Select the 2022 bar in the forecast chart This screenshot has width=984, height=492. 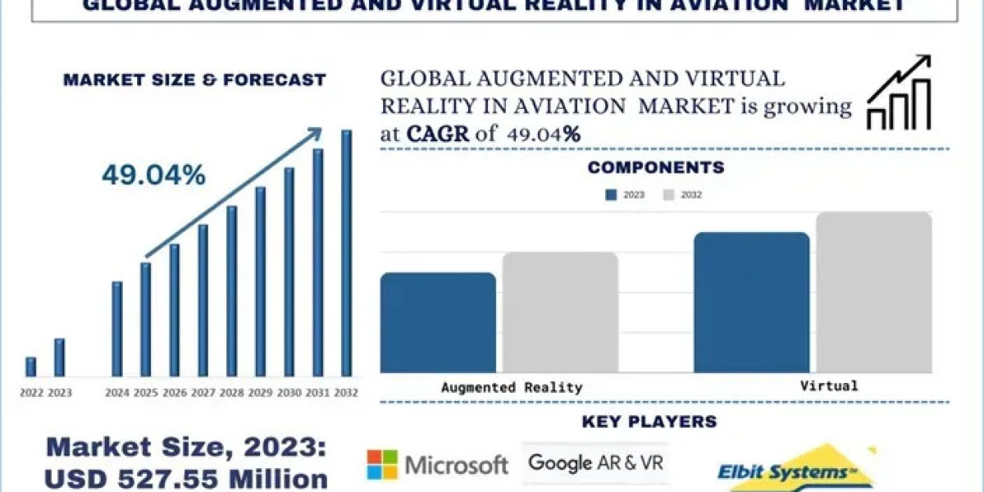[30, 367]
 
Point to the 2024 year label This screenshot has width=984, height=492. [117, 393]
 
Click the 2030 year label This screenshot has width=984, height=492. [289, 393]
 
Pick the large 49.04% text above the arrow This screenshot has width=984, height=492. [153, 175]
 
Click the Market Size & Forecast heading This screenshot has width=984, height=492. [194, 80]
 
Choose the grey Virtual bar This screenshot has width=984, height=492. [874, 292]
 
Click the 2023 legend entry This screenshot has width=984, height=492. [625, 195]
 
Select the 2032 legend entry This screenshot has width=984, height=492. [682, 195]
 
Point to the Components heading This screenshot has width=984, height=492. [656, 168]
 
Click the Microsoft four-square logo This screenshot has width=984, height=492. [381, 465]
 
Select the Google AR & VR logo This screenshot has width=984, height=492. [595, 463]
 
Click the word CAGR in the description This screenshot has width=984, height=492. [438, 134]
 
